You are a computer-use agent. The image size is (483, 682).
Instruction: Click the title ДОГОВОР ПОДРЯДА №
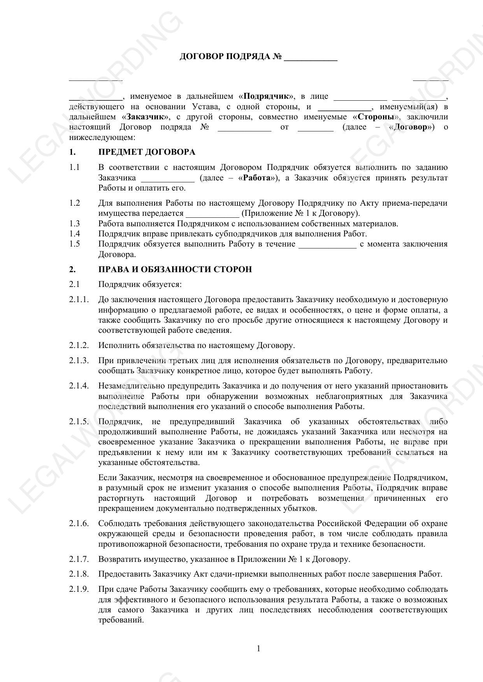(230, 57)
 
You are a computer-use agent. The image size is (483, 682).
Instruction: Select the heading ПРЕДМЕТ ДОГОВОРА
(147, 152)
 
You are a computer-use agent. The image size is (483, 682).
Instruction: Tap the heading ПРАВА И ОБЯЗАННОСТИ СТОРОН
(175, 269)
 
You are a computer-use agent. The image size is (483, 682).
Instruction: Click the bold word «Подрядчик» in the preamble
(269, 96)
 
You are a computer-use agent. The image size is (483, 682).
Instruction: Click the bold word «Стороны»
(376, 117)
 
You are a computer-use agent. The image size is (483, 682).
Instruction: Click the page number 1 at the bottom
(258, 648)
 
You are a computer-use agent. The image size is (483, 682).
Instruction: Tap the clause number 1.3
(74, 224)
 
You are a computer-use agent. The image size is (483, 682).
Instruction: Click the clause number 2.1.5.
(79, 421)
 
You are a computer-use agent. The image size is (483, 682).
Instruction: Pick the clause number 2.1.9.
(79, 589)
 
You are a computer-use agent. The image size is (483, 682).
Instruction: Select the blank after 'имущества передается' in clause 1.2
(212, 215)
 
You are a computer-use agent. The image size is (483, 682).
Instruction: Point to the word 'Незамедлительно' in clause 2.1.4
(132, 386)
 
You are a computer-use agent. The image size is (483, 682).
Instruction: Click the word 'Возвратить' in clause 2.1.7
(117, 559)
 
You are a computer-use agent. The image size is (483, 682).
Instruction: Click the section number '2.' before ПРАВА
(72, 269)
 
